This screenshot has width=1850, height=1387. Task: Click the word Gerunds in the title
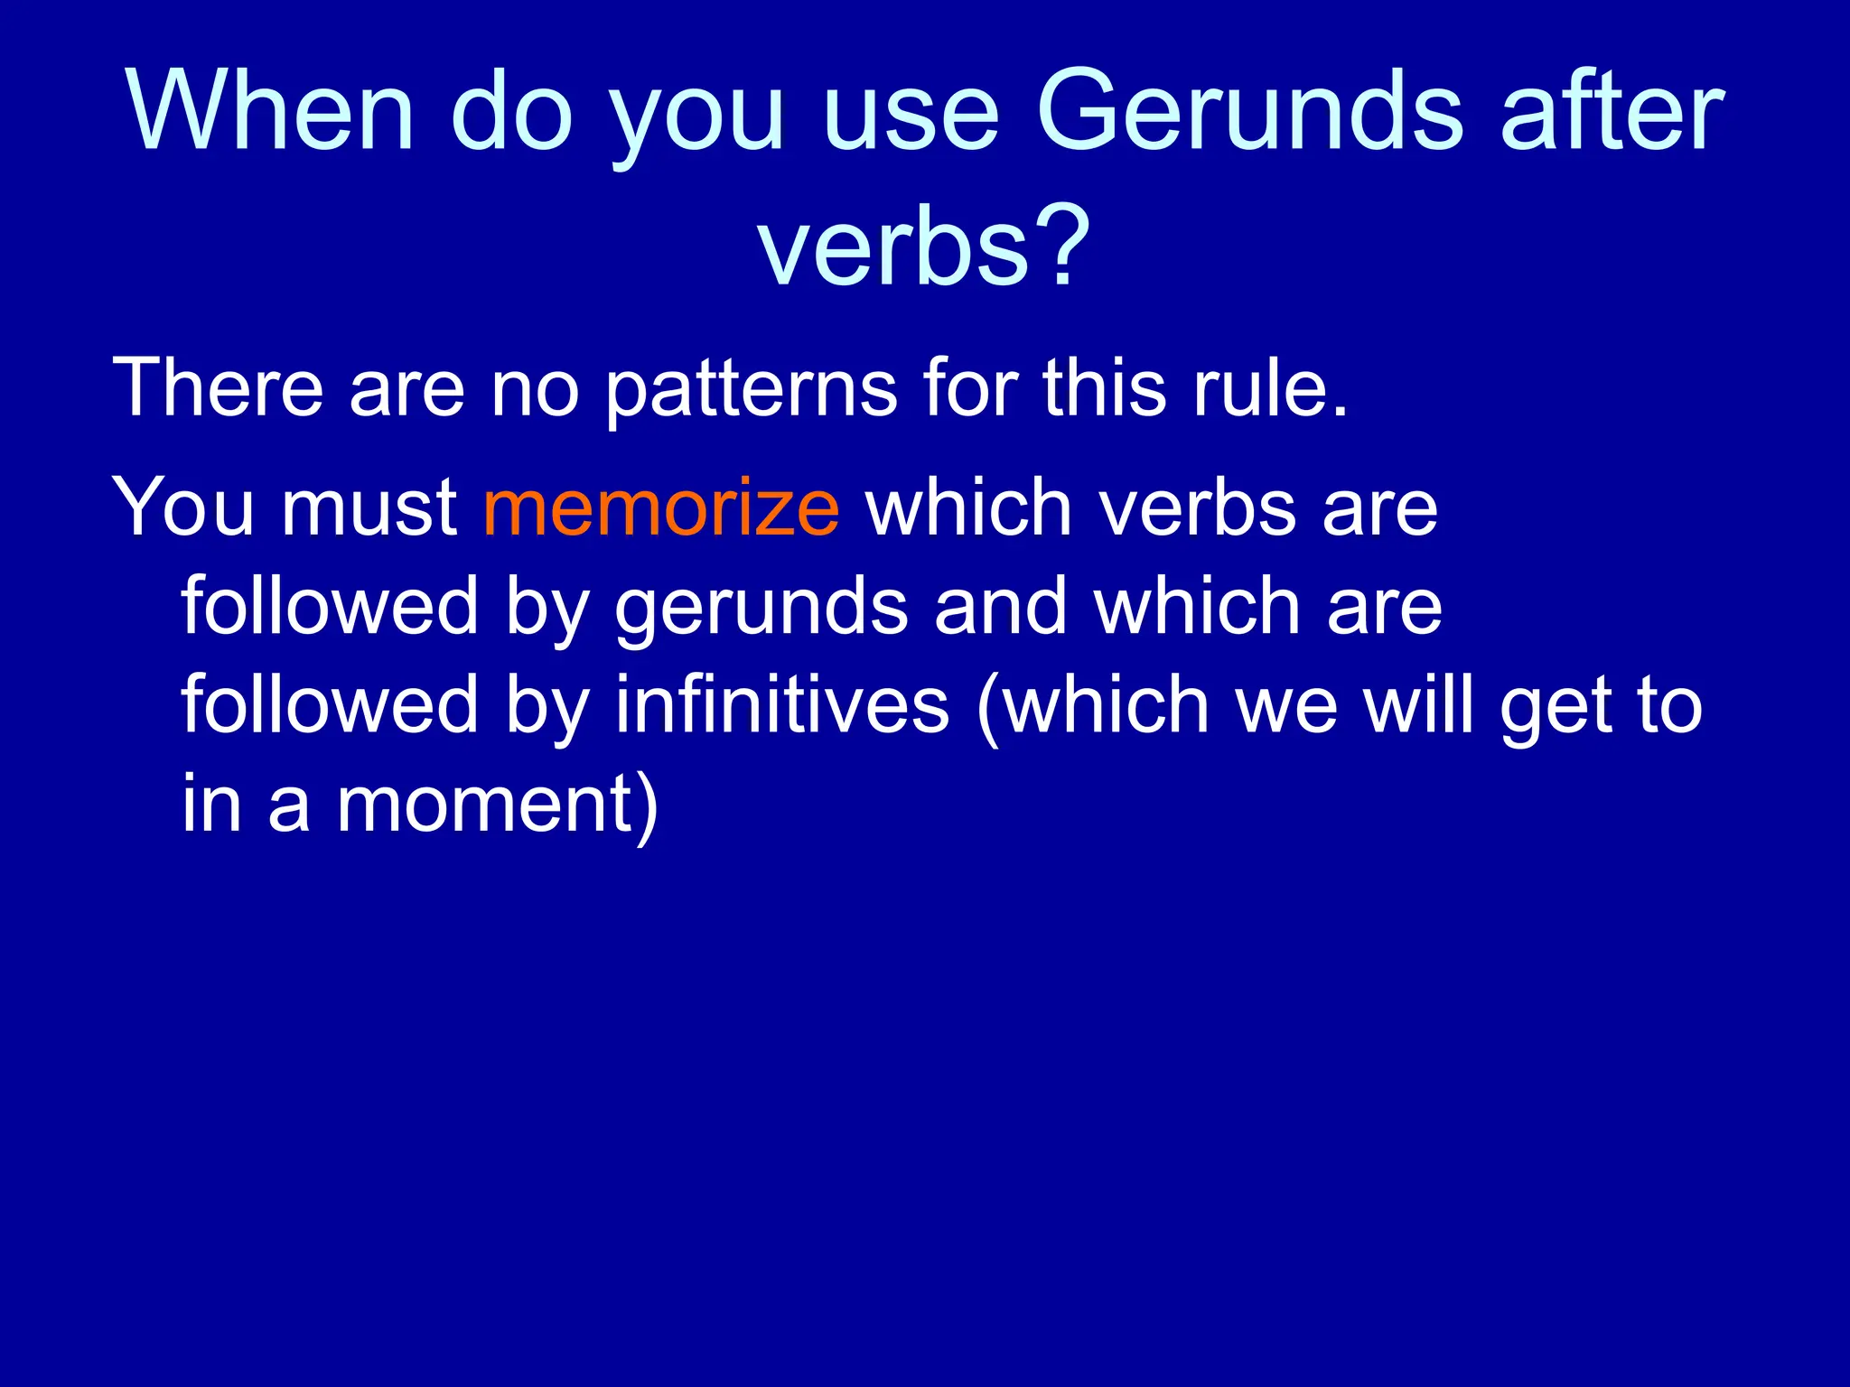click(1250, 113)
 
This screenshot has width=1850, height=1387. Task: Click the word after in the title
click(1612, 113)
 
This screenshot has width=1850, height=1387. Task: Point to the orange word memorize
click(661, 507)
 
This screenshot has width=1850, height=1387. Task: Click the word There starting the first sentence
click(218, 388)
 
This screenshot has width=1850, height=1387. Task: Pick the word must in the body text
click(369, 507)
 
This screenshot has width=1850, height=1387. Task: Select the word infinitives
click(781, 705)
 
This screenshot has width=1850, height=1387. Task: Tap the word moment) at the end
click(498, 805)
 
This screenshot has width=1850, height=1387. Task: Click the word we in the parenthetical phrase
click(1286, 707)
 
